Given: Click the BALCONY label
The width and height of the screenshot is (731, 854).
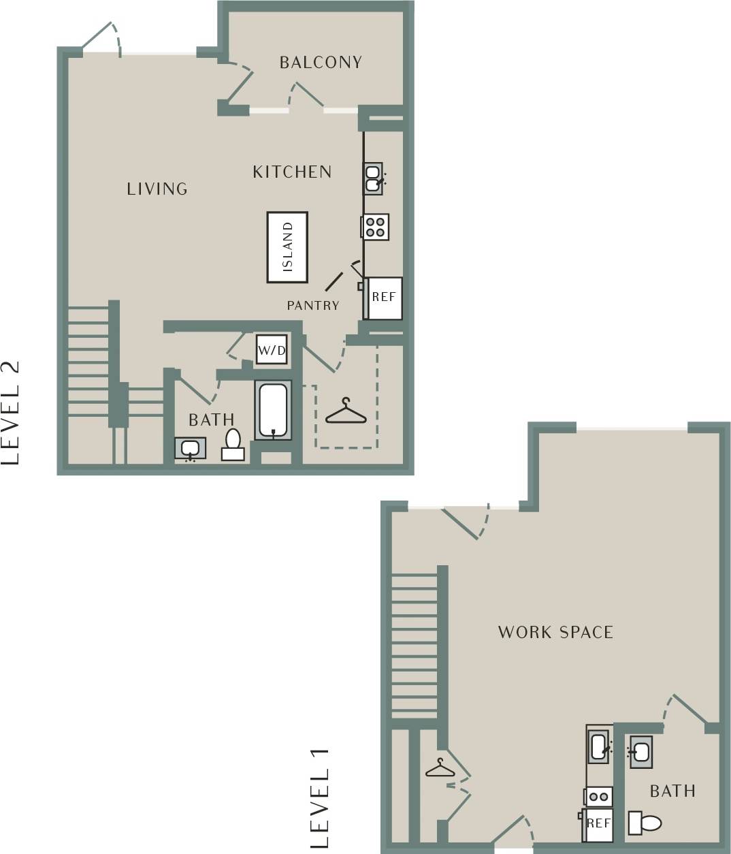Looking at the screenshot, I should pos(321,63).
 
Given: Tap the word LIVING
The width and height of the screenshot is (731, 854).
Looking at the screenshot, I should pos(157,189).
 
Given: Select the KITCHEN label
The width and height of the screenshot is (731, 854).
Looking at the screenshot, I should pos(292,172).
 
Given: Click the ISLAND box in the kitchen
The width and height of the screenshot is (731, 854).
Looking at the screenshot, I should pos(287,247).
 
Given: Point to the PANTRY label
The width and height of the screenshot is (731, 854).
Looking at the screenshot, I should pos(313,306).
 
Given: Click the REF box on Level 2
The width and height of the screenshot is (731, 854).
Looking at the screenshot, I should pos(384,298).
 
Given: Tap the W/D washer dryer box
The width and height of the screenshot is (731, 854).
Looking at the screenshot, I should pos(271,350).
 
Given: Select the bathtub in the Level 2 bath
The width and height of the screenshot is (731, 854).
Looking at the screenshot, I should pos(273,410).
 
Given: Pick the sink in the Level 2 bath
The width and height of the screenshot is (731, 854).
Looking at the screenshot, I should pos(190,449).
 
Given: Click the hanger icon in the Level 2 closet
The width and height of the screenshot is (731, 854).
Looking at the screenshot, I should pos(346,412).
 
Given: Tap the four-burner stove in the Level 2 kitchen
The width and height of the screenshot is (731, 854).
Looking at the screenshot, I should pos(375,227).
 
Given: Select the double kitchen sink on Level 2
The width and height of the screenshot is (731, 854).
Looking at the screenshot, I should pos(373,178).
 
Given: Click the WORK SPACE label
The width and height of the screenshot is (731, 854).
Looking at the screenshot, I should pos(555,633).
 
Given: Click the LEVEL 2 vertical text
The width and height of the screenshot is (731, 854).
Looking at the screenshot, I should pos(11,412).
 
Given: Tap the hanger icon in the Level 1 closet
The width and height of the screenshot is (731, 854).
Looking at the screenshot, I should pos(440,769).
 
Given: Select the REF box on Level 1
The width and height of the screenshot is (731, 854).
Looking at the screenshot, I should pos(598,824).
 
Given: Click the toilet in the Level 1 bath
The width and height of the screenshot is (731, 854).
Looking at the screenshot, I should pos(645,823).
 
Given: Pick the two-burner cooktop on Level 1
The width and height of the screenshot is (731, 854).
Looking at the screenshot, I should pos(599,796).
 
